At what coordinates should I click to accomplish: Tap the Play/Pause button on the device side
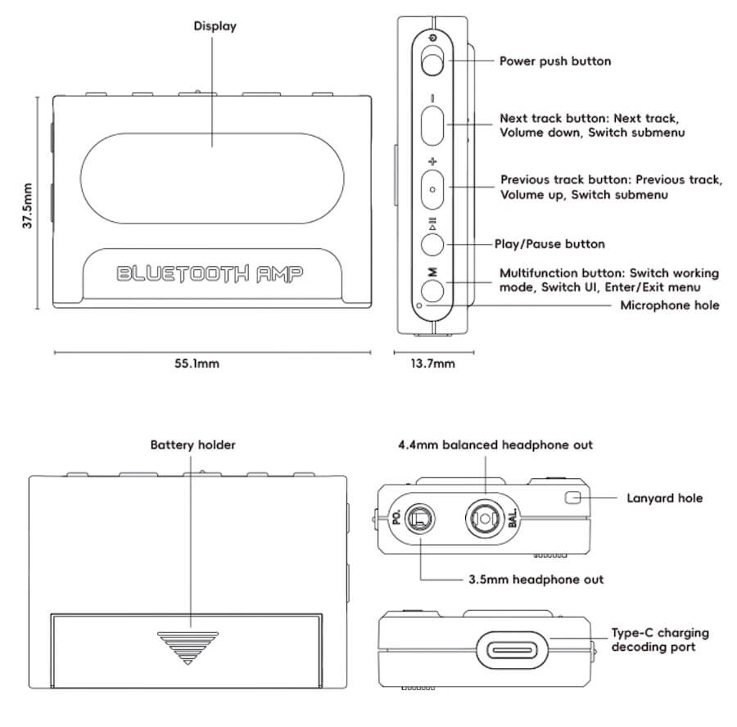click(x=432, y=243)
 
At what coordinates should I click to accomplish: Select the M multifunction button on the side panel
click(x=432, y=288)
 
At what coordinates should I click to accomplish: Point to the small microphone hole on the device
click(x=420, y=305)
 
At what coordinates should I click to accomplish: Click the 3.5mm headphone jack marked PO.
click(x=418, y=517)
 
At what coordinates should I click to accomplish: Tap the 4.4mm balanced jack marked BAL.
click(x=483, y=517)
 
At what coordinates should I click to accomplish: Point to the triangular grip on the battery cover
click(x=189, y=646)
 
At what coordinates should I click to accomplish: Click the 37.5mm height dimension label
click(x=27, y=205)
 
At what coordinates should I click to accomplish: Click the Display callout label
click(x=215, y=26)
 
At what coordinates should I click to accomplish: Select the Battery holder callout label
click(x=192, y=445)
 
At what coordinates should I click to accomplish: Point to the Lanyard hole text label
click(x=664, y=498)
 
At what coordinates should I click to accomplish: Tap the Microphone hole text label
click(x=669, y=305)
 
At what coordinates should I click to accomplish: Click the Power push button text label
click(x=554, y=61)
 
